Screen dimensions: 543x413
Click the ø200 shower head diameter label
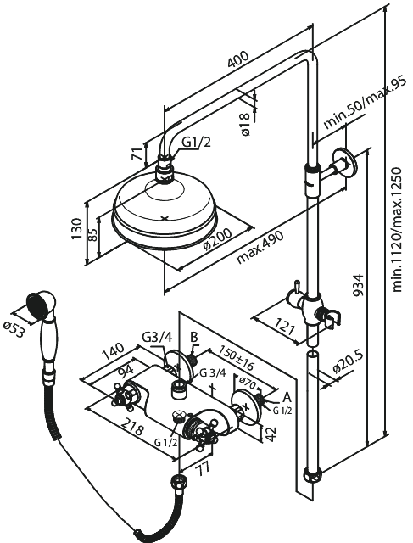(x=215, y=244)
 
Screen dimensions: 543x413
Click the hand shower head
(x=39, y=305)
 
